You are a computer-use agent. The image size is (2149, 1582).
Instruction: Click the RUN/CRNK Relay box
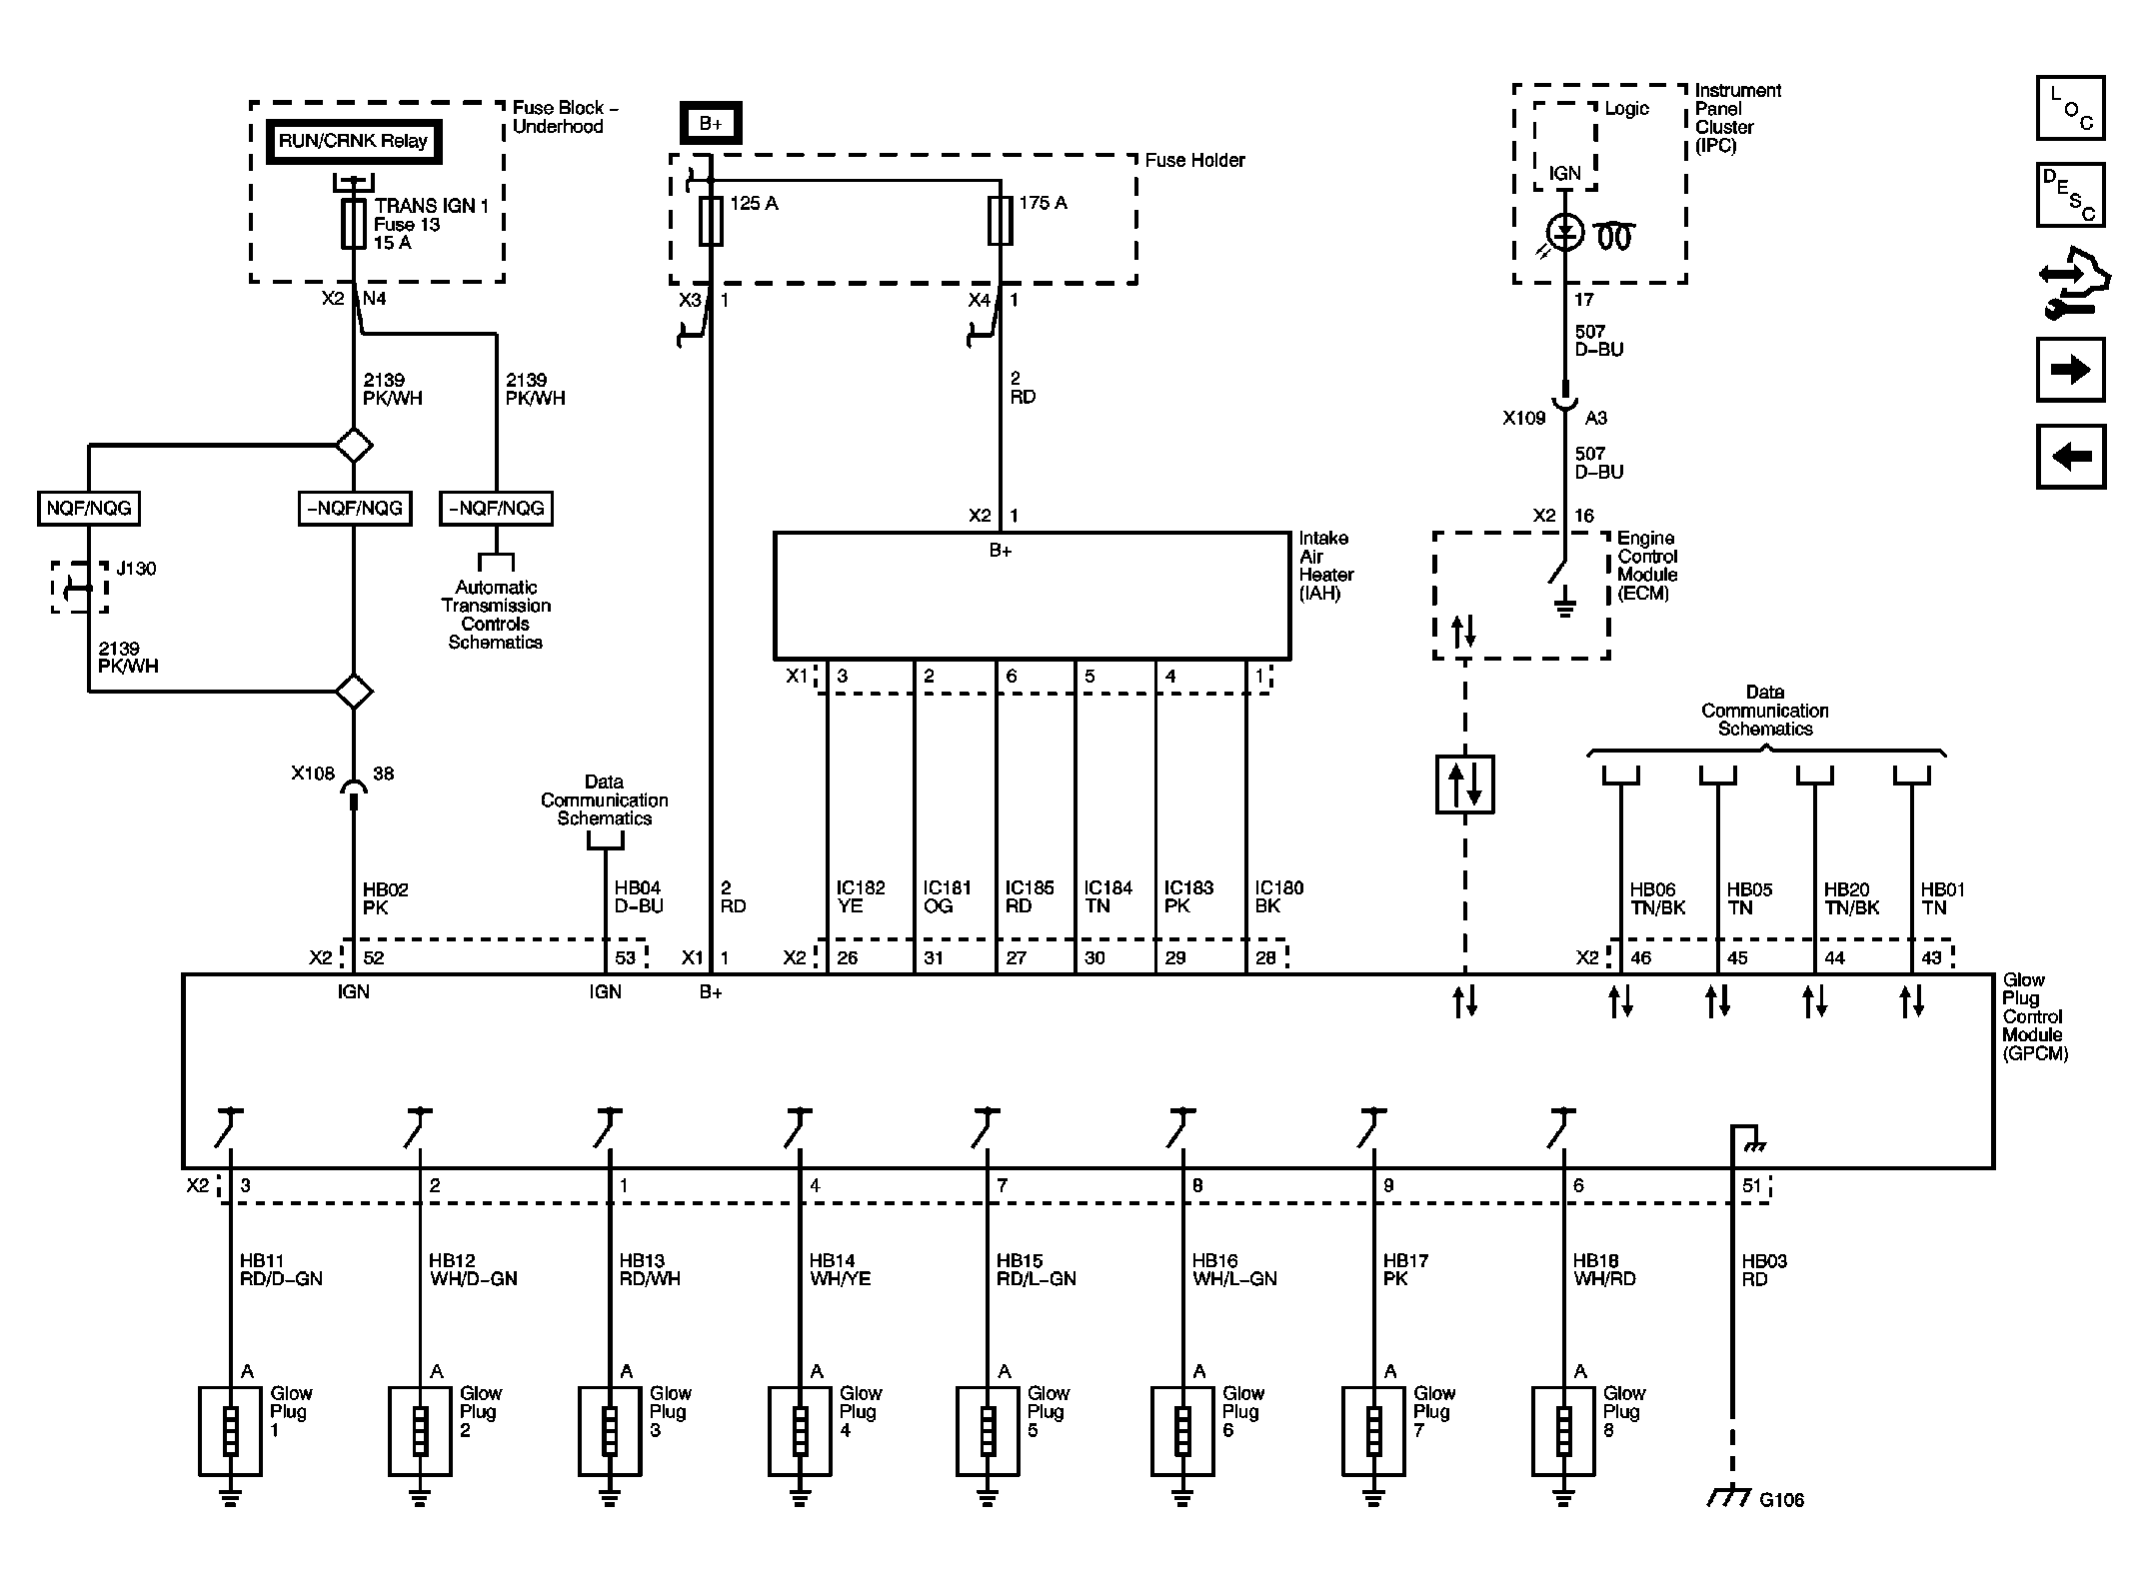353,142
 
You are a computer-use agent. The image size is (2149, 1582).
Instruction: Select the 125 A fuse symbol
711,221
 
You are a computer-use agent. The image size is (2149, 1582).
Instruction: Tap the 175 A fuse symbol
1001,221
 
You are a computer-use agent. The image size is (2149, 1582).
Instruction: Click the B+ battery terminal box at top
711,124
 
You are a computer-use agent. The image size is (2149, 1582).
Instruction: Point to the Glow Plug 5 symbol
988,1431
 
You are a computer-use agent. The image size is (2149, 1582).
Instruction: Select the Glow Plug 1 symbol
230,1431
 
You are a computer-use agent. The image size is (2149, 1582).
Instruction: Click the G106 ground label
1781,1500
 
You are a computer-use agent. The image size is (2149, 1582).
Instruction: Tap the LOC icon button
2070,108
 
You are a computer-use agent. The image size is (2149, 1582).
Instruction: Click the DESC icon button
2070,195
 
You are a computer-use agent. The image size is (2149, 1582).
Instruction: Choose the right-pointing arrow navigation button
2070,370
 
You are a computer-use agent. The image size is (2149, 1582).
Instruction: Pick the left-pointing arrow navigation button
2070,457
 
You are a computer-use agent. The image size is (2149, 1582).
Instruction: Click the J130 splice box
80,588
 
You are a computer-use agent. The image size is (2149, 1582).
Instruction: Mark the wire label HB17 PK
1404,1269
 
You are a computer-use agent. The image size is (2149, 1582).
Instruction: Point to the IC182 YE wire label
860,896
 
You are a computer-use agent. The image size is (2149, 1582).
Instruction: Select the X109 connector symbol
1564,402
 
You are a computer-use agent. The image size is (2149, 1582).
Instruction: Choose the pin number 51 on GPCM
1751,1185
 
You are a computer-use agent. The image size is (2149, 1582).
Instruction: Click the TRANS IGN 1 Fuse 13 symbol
354,223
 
